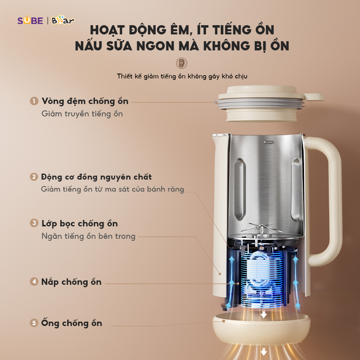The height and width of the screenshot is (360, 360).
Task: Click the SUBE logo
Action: pos(30,20)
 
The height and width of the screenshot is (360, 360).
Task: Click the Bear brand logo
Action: pos(63,20)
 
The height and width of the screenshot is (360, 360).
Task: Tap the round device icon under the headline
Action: pos(181,63)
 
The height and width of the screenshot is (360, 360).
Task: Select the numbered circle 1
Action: pos(34,101)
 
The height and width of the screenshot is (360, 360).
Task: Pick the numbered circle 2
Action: pos(34,177)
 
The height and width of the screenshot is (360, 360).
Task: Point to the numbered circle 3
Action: pos(34,223)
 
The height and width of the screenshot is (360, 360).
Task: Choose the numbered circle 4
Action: pos(34,282)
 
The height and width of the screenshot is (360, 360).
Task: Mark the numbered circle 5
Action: pos(34,323)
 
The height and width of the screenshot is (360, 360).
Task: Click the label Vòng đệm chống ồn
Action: pos(85,102)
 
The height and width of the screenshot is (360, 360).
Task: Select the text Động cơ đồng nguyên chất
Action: pos(96,177)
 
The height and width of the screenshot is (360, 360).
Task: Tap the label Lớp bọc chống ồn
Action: pos(80,224)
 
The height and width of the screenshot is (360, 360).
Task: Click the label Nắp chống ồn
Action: pos(72,282)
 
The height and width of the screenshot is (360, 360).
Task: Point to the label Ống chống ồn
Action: pos(72,323)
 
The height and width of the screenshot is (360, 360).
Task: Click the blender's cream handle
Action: pos(331,202)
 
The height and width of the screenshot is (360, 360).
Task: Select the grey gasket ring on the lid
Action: pos(260,104)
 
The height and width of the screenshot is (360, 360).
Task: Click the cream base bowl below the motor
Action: pos(262,328)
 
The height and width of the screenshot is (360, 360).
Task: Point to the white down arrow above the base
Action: pos(264,314)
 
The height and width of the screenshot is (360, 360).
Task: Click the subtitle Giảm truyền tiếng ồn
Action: pos(82,114)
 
